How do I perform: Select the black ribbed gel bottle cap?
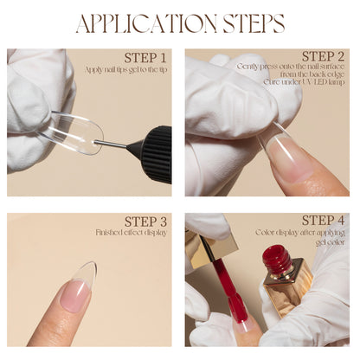(x=155, y=153)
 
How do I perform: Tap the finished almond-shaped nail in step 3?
(x=80, y=286)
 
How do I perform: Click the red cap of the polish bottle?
(x=277, y=257)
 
